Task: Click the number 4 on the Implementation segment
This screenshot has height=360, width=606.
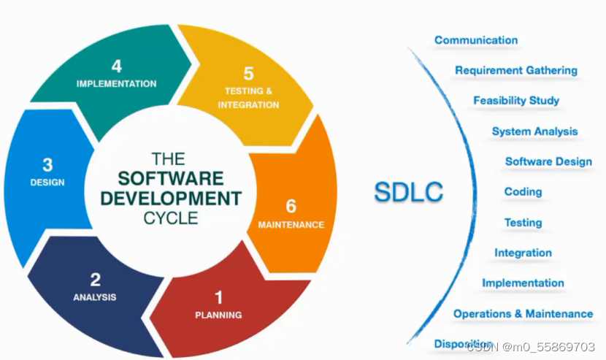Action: coord(116,68)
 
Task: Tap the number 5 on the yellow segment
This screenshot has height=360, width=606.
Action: coord(248,74)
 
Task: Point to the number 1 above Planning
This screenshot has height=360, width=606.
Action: coord(218,297)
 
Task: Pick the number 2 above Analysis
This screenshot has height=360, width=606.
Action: coord(95,280)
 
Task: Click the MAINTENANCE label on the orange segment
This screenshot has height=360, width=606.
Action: coord(291,225)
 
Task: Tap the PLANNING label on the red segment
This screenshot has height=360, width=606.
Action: coord(218,315)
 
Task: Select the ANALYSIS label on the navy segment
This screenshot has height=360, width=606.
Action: coord(95,297)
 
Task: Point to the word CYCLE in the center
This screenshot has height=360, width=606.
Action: coord(172,217)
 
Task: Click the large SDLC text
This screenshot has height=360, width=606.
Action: coord(408,192)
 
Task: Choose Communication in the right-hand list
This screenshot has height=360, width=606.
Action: coord(476,40)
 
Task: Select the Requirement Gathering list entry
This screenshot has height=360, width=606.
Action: coord(516,70)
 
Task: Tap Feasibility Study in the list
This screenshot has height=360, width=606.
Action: coord(516,100)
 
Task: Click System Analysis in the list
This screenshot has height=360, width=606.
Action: coord(534,131)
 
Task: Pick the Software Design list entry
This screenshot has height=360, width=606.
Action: coord(548,161)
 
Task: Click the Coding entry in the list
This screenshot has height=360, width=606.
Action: coord(523,191)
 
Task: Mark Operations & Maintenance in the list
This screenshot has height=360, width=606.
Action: coord(523,313)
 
